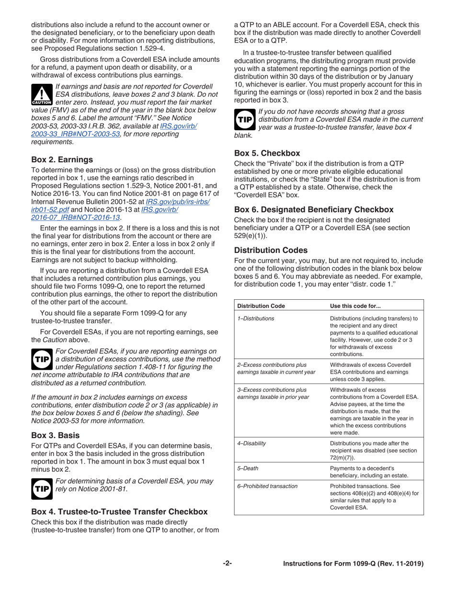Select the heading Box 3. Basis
(x=55, y=435)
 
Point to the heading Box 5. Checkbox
(x=267, y=153)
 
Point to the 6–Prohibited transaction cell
(x=267, y=486)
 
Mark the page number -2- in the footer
(x=227, y=564)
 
